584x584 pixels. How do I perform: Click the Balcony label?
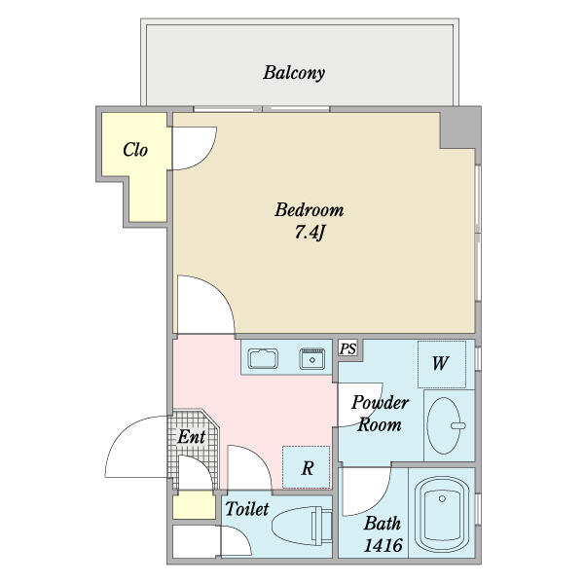coord(294,73)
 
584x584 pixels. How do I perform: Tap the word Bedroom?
coord(310,210)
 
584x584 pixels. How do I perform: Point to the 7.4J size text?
coord(310,233)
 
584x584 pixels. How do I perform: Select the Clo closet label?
coord(135,150)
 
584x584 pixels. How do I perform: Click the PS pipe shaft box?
coord(347,349)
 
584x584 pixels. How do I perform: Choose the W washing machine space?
coord(442,364)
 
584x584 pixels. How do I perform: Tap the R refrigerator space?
coord(307,467)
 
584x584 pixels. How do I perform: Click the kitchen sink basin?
coord(263,358)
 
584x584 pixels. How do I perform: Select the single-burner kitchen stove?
coord(312,359)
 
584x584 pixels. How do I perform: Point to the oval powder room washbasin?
coord(444,425)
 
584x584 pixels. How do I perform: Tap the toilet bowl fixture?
coord(302,526)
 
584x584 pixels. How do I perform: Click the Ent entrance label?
coord(191,436)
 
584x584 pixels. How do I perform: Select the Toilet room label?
coord(246,509)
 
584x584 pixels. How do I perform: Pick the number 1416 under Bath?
coord(383,546)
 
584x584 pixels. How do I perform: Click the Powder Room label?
coord(380,414)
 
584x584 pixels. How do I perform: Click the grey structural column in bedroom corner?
coord(460,128)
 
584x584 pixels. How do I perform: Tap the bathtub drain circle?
coord(442,498)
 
